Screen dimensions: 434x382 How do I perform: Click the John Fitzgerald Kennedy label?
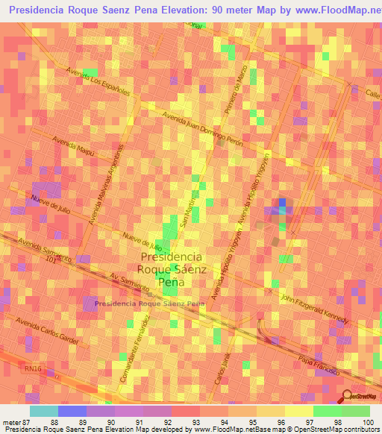coord(314,309)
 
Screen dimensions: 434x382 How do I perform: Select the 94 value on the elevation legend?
coord(224,422)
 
